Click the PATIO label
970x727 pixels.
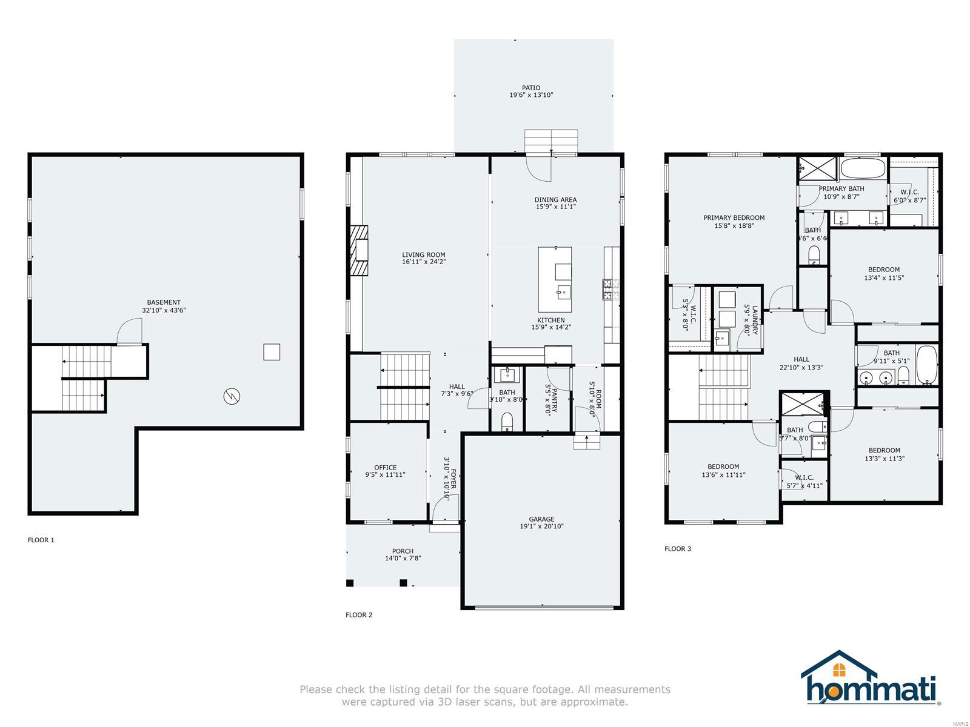click(530, 88)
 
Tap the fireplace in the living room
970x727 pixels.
click(360, 251)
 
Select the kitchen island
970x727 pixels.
click(555, 279)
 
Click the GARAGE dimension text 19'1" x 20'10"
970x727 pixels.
click(541, 526)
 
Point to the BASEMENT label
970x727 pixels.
click(164, 302)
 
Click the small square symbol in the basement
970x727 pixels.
click(272, 352)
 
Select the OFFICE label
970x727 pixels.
click(385, 467)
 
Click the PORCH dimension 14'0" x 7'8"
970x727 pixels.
click(403, 559)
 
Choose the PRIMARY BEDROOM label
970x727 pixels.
click(734, 217)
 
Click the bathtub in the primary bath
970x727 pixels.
click(863, 168)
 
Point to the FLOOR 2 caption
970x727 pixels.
click(359, 615)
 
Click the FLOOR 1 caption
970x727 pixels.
click(41, 540)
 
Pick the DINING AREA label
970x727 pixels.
click(555, 199)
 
